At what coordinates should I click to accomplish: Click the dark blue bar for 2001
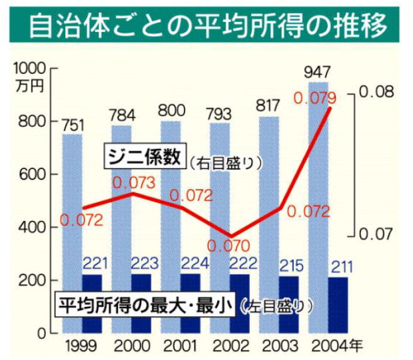(x=171, y=303)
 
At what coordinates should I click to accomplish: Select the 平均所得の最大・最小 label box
(x=143, y=305)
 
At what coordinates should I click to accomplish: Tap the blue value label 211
(x=330, y=268)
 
